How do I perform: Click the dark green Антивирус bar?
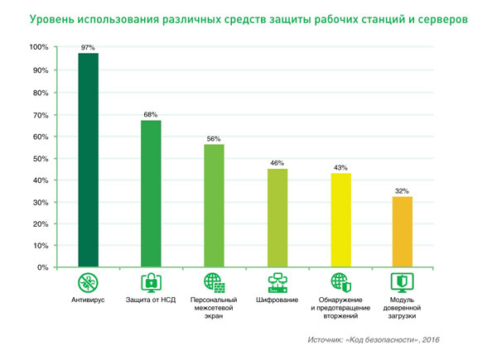tap(88, 161)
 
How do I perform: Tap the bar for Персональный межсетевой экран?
tap(214, 206)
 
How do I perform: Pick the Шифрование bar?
tap(277, 218)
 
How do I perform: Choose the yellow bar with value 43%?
tap(340, 220)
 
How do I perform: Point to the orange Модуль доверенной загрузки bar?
tap(402, 233)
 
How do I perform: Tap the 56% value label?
tap(214, 139)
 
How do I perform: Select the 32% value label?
tap(402, 191)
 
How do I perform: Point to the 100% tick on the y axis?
tap(38, 48)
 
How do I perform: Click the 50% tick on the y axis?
tap(40, 158)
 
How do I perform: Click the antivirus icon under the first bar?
tap(88, 281)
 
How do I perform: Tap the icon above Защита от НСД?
tap(151, 281)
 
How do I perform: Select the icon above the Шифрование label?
tap(277, 281)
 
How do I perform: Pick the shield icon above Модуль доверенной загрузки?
tap(402, 281)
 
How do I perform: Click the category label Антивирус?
tap(88, 300)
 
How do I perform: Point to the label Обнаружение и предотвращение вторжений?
tap(340, 308)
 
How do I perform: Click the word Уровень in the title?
tap(53, 17)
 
